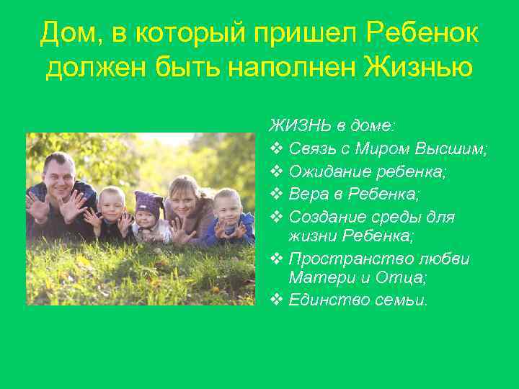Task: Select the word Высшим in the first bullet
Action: click(x=455, y=149)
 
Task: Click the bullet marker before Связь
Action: click(x=276, y=149)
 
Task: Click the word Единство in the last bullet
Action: click(x=325, y=300)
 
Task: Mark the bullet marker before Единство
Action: click(x=276, y=300)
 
